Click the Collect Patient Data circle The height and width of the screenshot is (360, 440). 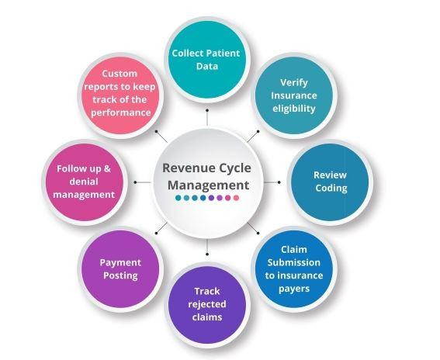206,60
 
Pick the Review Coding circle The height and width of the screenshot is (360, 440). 330,181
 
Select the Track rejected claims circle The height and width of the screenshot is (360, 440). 206,303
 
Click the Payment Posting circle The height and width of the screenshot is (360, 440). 120,268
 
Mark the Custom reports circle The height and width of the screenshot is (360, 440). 120,93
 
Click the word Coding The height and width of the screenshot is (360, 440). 330,188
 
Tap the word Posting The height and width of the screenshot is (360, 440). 120,275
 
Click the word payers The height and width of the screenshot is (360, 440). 294,289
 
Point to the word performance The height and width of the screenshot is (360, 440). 120,112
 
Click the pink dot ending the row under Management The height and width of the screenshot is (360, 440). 237,199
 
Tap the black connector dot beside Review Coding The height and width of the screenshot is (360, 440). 279,182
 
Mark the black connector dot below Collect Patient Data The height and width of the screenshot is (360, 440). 206,110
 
